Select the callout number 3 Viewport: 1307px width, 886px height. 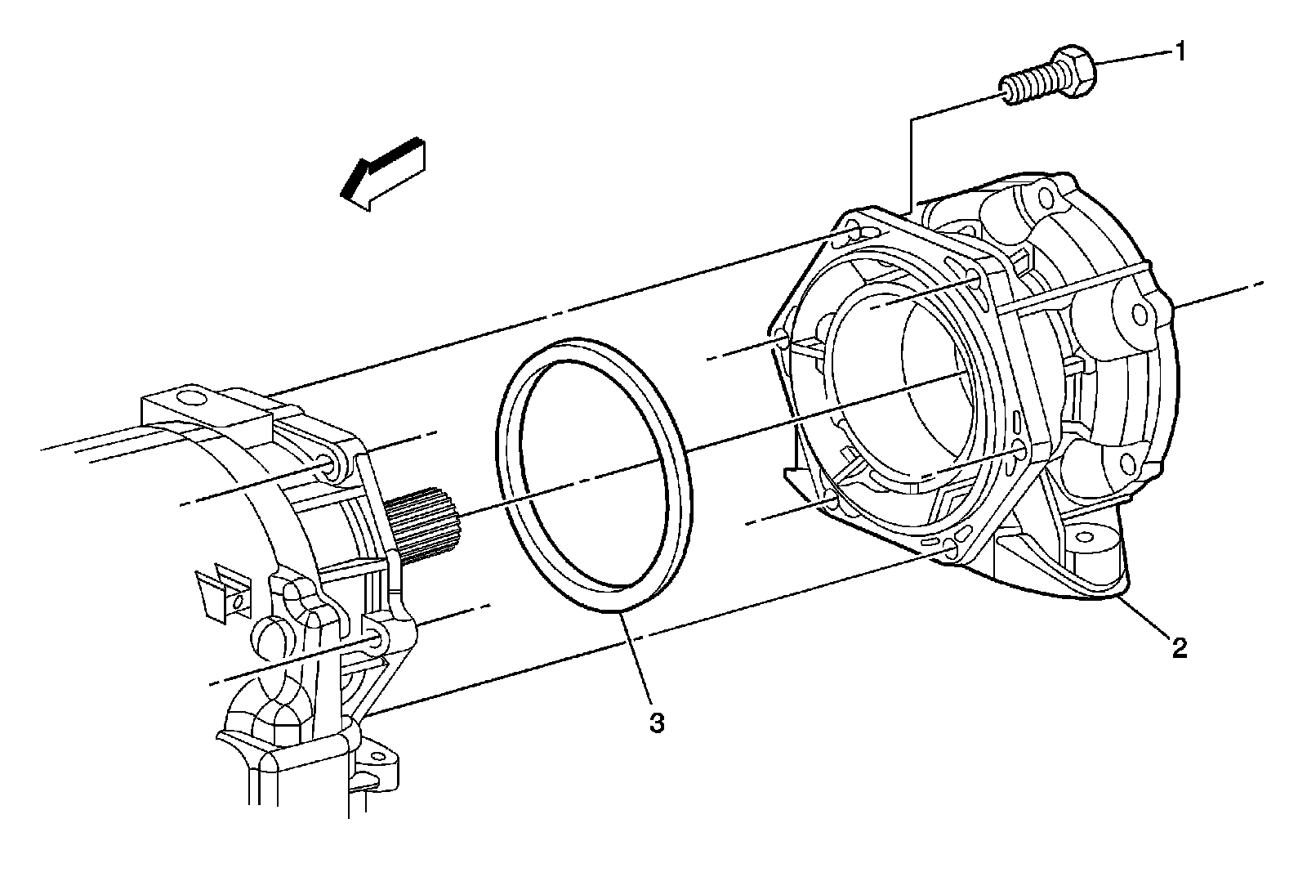coord(657,723)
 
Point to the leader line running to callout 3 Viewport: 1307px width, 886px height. coord(637,655)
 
